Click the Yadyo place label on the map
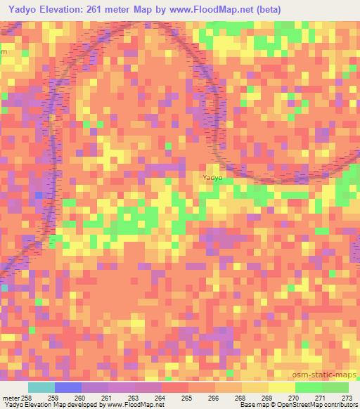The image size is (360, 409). pyautogui.click(x=212, y=178)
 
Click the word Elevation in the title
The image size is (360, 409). pyautogui.click(x=70, y=8)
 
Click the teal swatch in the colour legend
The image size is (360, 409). pyautogui.click(x=41, y=387)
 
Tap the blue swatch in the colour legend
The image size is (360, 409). pyautogui.click(x=68, y=387)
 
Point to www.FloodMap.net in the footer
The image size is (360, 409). pyautogui.click(x=134, y=404)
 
